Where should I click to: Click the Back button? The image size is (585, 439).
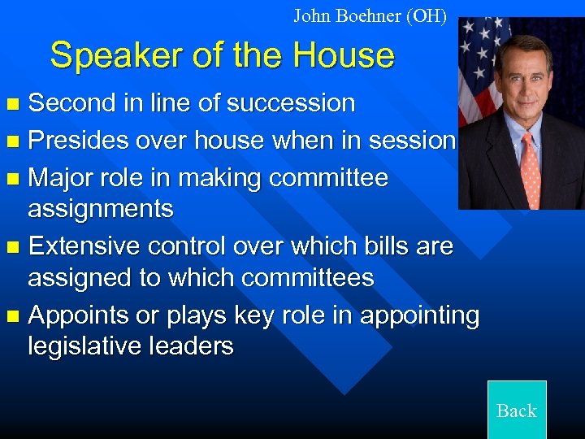[x=517, y=410]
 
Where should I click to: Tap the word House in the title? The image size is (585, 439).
[x=344, y=56]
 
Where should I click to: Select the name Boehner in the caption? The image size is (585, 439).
[x=370, y=15]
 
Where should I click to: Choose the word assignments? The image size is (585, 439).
[x=101, y=210]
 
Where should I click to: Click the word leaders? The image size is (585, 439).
[x=196, y=346]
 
